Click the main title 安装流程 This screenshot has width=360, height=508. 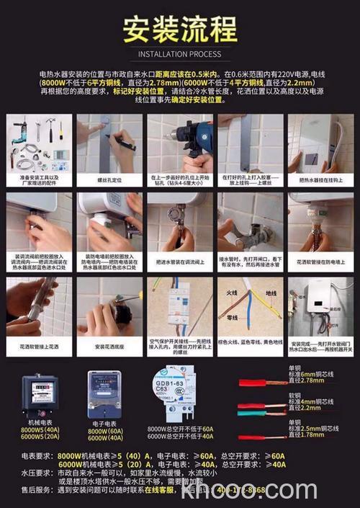[179, 30]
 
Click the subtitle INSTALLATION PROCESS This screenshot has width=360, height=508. [179, 54]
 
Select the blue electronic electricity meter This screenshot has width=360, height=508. [104, 395]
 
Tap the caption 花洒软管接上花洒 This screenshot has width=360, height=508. [39, 346]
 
